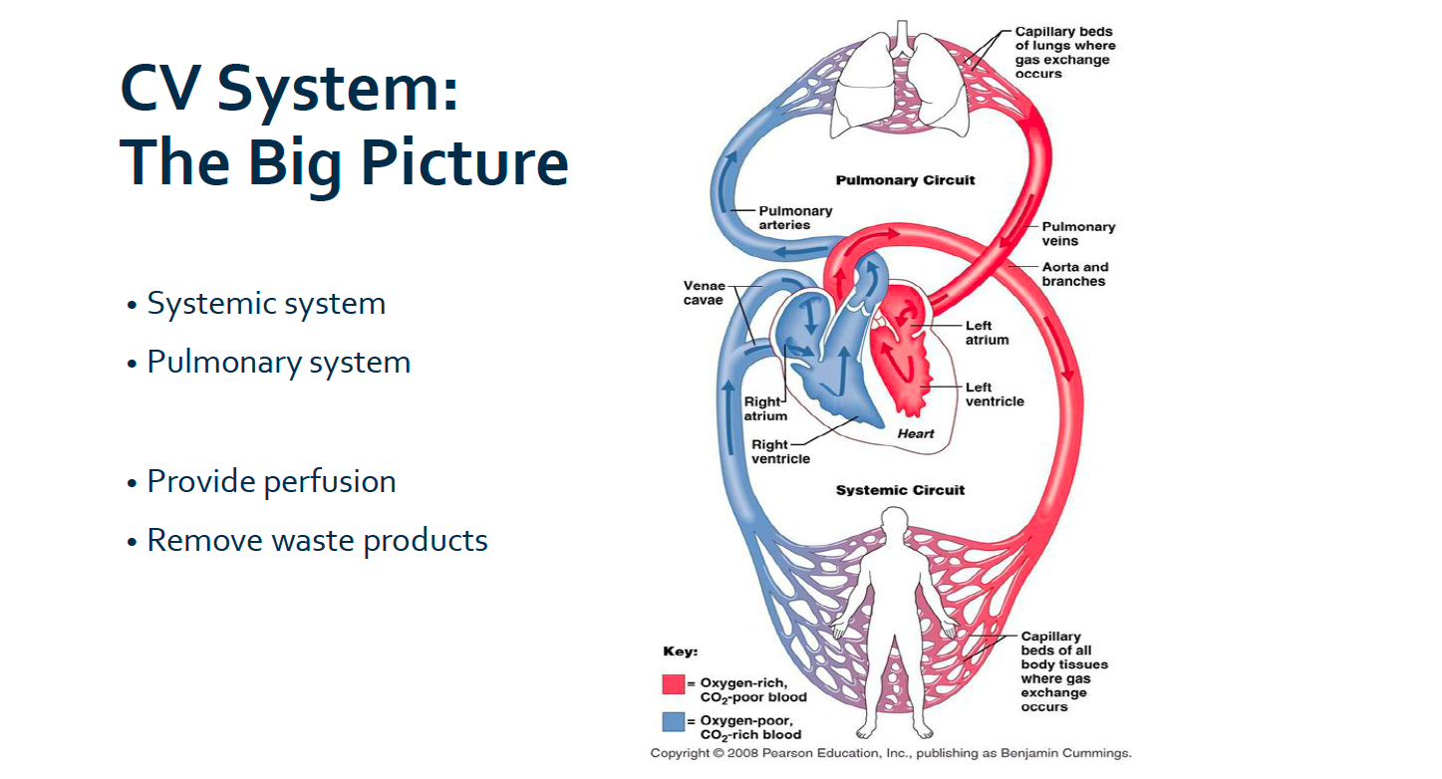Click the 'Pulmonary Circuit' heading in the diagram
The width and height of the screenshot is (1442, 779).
click(x=905, y=180)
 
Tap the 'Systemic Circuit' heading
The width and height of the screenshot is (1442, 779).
click(x=900, y=490)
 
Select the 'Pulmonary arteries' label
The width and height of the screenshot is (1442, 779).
click(x=794, y=218)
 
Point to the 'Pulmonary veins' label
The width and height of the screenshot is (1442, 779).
click(x=1078, y=233)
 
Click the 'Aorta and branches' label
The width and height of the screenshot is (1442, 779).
click(x=1074, y=274)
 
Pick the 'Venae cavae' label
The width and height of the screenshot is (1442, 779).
click(x=704, y=293)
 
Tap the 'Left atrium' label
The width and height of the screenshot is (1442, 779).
click(x=987, y=333)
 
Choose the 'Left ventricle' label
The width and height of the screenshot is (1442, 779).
click(x=994, y=394)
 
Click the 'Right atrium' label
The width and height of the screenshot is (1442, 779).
click(x=764, y=409)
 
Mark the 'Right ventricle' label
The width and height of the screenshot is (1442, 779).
click(x=780, y=452)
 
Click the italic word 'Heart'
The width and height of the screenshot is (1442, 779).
click(x=916, y=433)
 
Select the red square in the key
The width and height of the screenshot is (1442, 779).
click(x=673, y=684)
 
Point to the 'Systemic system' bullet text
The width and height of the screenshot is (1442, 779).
click(x=266, y=303)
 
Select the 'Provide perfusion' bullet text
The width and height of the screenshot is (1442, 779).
click(x=271, y=482)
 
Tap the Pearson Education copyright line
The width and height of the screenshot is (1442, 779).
click(x=890, y=753)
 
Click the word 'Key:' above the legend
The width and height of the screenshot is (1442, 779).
click(x=680, y=651)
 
